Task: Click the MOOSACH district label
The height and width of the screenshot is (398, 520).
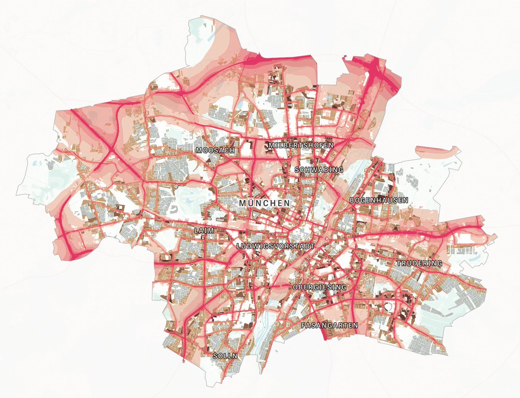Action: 215,151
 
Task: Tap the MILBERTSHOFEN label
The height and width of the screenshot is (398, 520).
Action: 301,145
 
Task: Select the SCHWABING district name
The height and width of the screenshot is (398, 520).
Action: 318,170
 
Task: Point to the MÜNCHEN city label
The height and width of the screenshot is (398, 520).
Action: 264,203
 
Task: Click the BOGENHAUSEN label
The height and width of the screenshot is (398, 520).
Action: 379,201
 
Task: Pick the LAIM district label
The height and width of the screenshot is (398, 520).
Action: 204,230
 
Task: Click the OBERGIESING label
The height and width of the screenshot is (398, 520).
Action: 319,287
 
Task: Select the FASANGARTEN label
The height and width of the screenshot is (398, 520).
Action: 329,325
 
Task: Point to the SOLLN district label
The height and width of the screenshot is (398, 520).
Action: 225,356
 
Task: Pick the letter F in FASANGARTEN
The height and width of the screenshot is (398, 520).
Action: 303,325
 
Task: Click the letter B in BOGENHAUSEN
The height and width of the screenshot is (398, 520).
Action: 352,201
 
